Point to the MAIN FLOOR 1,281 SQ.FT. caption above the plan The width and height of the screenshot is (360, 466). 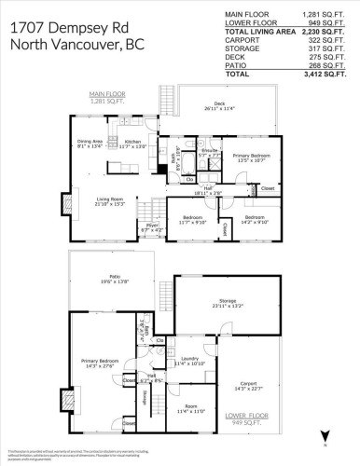[108, 98]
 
